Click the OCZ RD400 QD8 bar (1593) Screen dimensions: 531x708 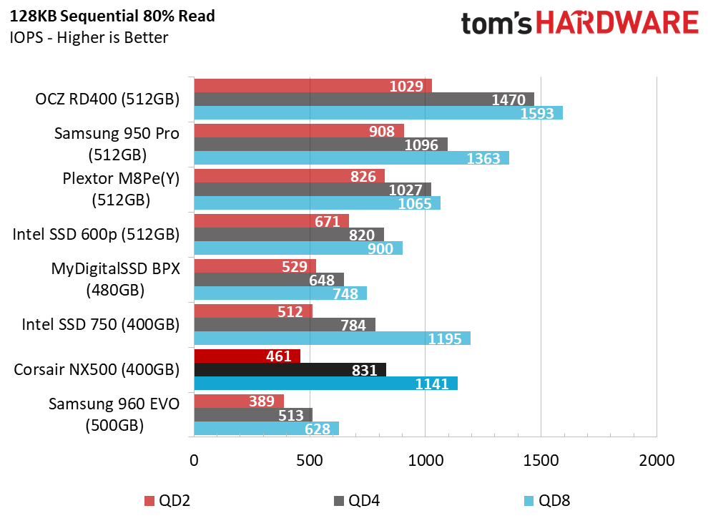(378, 113)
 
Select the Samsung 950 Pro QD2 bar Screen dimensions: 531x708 (298, 131)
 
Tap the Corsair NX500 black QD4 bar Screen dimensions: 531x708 (290, 369)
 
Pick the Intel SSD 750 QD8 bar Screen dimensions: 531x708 (332, 338)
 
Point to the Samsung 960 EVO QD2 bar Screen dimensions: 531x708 (238, 401)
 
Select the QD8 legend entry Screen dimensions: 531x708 (546, 500)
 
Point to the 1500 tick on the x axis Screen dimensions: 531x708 (541, 460)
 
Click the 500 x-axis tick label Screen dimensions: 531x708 (309, 460)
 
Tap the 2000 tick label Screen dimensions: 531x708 (657, 460)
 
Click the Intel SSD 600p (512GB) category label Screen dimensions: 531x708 (96, 234)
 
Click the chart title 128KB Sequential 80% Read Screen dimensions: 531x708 (112, 15)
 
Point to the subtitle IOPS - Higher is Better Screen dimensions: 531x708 (89, 37)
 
